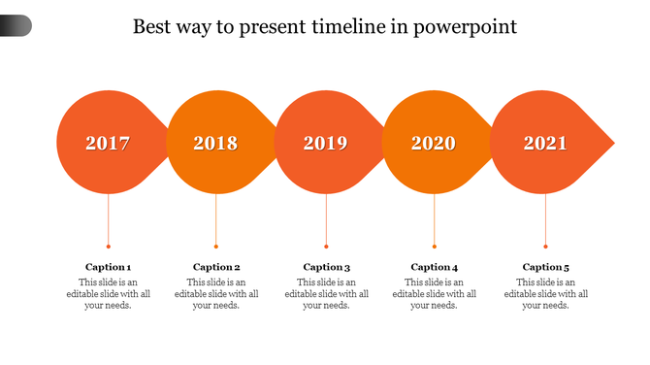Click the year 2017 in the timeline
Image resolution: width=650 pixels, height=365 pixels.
[108, 144]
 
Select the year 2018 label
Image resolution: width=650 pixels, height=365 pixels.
[215, 144]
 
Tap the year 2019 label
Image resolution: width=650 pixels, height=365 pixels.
[325, 144]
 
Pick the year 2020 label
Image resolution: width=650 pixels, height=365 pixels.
[434, 144]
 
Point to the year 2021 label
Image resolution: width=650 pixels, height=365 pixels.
[545, 144]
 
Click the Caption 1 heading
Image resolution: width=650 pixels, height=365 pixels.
[108, 267]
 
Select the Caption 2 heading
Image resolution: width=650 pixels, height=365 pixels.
[216, 267]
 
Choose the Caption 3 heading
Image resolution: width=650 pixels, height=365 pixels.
[326, 267]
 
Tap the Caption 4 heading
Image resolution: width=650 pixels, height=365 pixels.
[435, 267]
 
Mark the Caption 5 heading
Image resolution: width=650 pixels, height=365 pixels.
[546, 267]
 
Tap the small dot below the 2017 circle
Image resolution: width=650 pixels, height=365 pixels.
[108, 247]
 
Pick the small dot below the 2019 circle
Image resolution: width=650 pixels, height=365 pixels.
[326, 247]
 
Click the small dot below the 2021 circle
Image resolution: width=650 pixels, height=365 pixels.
[545, 247]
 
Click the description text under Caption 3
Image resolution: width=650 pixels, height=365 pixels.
[326, 293]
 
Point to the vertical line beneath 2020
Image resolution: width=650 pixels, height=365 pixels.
[434, 218]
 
